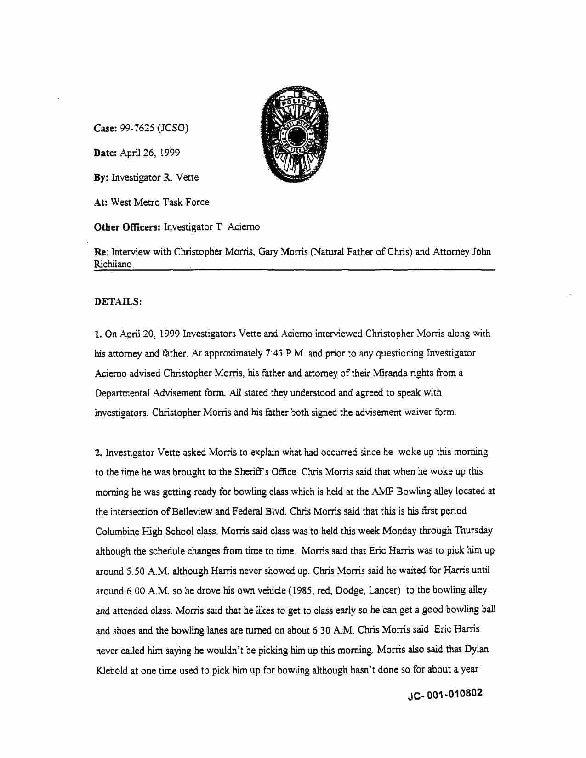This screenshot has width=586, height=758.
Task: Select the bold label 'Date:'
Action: pyautogui.click(x=105, y=153)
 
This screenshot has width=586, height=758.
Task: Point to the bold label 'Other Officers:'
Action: pyautogui.click(x=127, y=227)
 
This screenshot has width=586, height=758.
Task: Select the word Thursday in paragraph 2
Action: pyautogui.click(x=474, y=531)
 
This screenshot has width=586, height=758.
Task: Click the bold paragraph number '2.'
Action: pyautogui.click(x=99, y=453)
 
